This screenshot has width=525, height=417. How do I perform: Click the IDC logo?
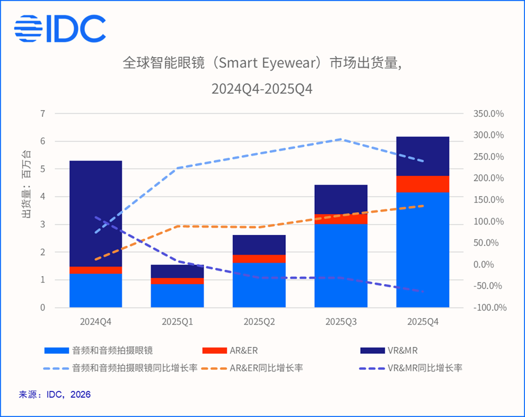coord(60,28)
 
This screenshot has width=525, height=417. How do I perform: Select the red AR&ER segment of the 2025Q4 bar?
coord(423,184)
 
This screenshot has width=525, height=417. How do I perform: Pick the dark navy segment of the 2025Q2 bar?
coord(259,245)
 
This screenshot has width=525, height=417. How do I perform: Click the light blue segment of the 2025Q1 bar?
coord(177,295)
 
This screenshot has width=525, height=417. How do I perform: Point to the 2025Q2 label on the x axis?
coord(259,322)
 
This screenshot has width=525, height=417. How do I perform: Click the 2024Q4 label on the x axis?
coord(95,322)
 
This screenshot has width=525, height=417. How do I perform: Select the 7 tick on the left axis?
coord(42,114)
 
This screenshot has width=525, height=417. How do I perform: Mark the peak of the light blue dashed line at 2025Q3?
coord(341,139)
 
